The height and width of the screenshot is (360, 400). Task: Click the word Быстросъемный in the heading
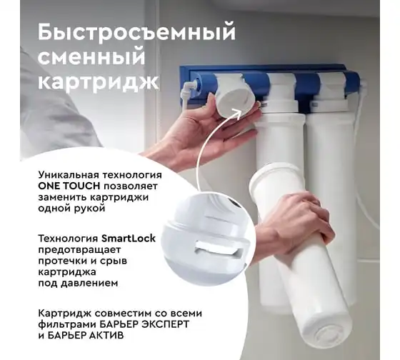[136, 32]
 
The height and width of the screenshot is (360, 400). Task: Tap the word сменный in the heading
[91, 56]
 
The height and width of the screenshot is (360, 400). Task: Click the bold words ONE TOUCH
[69, 186]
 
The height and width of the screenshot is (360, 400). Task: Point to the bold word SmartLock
[129, 239]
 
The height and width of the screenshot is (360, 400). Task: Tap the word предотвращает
[79, 250]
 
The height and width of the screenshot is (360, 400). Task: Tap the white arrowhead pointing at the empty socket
[237, 113]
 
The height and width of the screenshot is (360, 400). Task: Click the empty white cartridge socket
[234, 96]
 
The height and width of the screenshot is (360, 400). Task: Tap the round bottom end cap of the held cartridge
[329, 335]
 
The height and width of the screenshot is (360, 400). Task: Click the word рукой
[89, 209]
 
